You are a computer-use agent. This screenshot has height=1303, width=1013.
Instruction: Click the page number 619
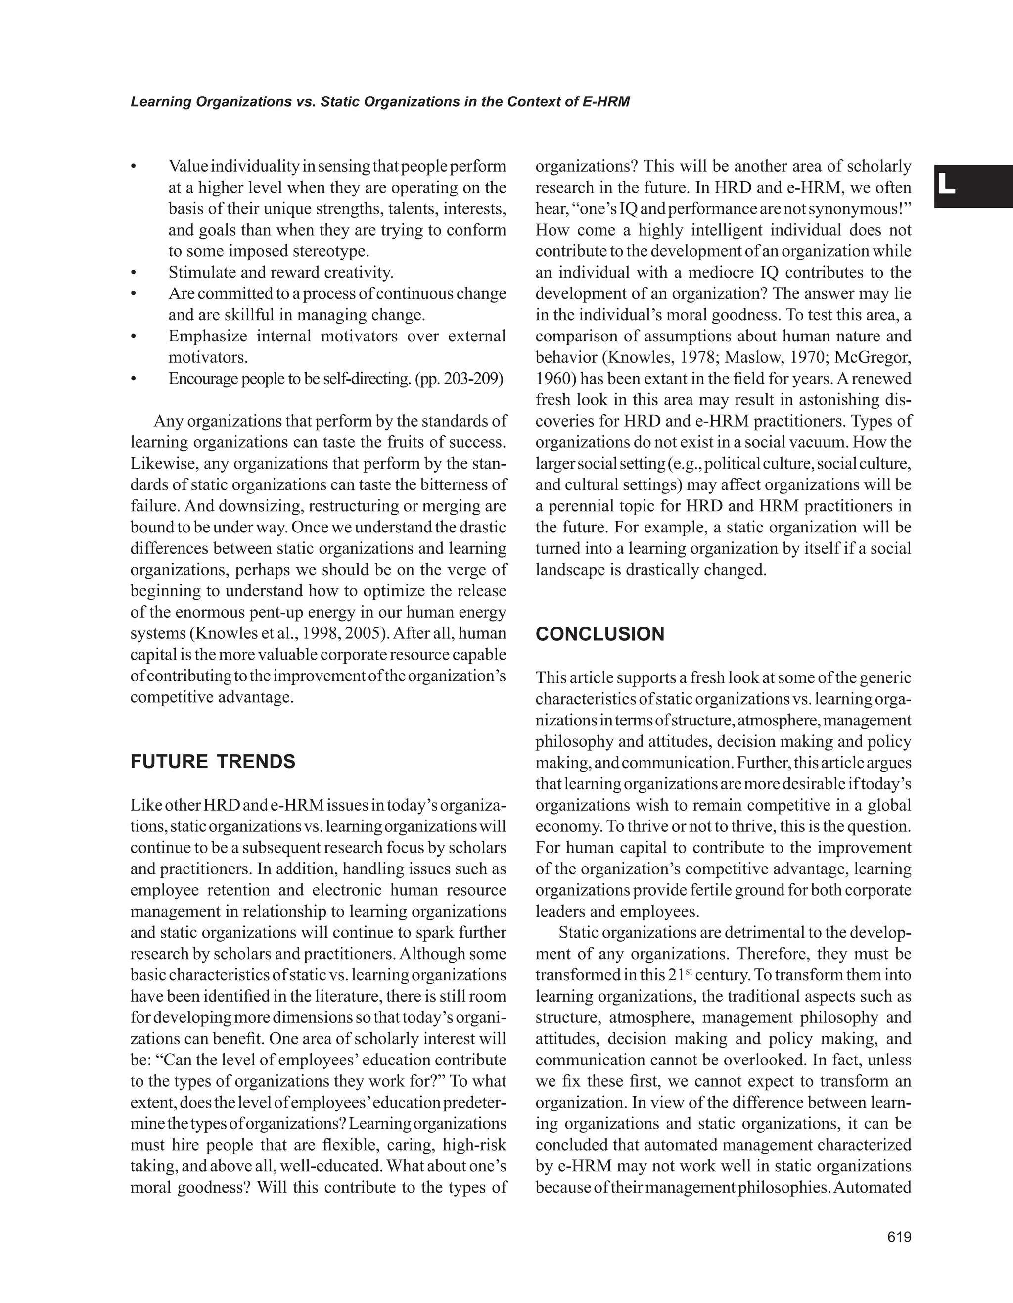[x=899, y=1237]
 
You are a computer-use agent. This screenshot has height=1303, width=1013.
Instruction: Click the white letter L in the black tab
[x=946, y=186]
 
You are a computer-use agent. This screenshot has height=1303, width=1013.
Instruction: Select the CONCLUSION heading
[x=600, y=634]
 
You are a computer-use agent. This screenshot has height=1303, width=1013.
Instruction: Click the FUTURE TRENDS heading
[x=213, y=762]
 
